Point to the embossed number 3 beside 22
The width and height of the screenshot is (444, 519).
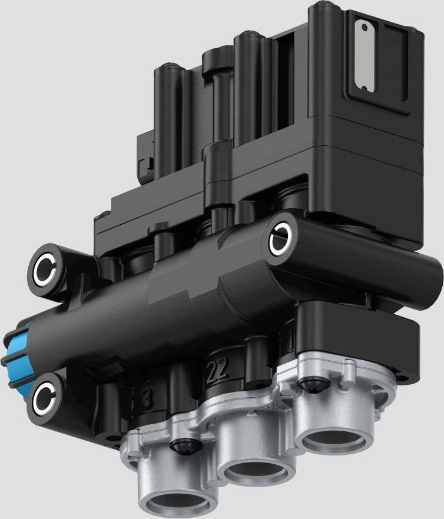coord(145,398)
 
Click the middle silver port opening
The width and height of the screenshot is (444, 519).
coord(255,468)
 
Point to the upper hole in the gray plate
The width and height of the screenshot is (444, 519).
coord(365,28)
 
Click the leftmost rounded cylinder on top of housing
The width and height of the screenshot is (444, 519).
coord(169,74)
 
